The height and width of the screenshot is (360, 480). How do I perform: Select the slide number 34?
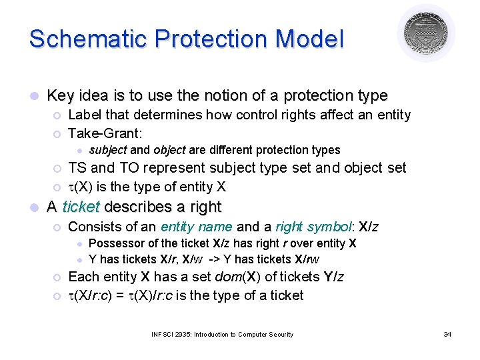point(447,334)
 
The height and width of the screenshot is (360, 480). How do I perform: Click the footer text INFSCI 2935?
point(181,334)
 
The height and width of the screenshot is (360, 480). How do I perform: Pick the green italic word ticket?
point(80,207)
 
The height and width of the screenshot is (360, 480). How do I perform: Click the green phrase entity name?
point(197,227)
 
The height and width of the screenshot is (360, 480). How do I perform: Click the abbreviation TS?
point(77,167)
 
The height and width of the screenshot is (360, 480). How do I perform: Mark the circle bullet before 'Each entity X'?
point(57,277)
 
